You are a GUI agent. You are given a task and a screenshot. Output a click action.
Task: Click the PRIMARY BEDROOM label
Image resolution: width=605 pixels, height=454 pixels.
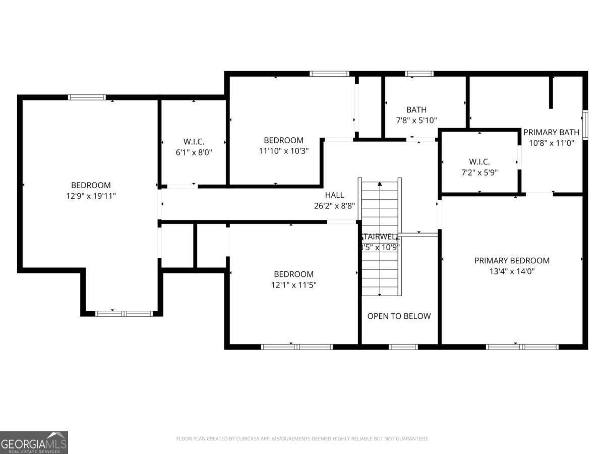(x=512, y=260)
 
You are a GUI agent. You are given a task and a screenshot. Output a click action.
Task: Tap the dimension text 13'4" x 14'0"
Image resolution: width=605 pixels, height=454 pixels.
(x=512, y=271)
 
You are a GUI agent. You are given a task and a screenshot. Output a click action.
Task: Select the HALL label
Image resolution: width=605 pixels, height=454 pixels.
(x=334, y=195)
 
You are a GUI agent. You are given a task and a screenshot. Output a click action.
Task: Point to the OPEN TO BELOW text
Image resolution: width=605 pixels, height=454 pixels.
(x=399, y=316)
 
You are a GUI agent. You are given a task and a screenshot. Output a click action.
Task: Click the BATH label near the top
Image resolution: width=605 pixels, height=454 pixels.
(x=416, y=109)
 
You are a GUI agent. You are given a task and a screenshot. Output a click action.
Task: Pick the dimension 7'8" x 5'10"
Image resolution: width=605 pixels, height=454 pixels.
(x=416, y=121)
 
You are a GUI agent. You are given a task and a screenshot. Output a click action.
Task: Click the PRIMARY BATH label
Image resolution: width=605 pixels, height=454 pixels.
(x=551, y=132)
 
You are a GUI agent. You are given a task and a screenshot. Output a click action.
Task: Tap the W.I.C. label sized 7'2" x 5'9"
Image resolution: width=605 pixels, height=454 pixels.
(x=479, y=162)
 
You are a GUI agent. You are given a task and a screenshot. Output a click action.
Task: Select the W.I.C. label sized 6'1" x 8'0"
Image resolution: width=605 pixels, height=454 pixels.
(x=194, y=142)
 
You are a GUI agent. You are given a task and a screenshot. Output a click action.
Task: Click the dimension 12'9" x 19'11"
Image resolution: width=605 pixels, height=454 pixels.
(x=91, y=196)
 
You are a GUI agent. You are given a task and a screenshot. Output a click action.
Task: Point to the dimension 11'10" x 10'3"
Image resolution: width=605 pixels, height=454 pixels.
(x=283, y=151)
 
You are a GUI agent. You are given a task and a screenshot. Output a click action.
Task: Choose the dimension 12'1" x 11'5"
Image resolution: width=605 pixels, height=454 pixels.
(x=293, y=285)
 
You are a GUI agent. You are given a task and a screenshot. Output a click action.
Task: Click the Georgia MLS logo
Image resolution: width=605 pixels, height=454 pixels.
(x=34, y=442)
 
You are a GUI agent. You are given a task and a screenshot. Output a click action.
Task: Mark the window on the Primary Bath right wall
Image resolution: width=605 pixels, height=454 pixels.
(x=585, y=124)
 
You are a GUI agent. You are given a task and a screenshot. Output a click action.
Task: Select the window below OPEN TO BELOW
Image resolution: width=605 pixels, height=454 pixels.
(x=403, y=347)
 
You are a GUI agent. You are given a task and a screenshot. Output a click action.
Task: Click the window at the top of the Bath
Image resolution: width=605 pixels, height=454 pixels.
(x=419, y=74)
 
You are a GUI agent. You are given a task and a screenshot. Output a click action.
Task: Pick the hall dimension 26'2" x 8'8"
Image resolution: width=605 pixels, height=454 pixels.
(x=334, y=206)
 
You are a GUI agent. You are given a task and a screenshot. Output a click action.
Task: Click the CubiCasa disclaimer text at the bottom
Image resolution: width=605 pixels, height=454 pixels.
(x=302, y=439)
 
